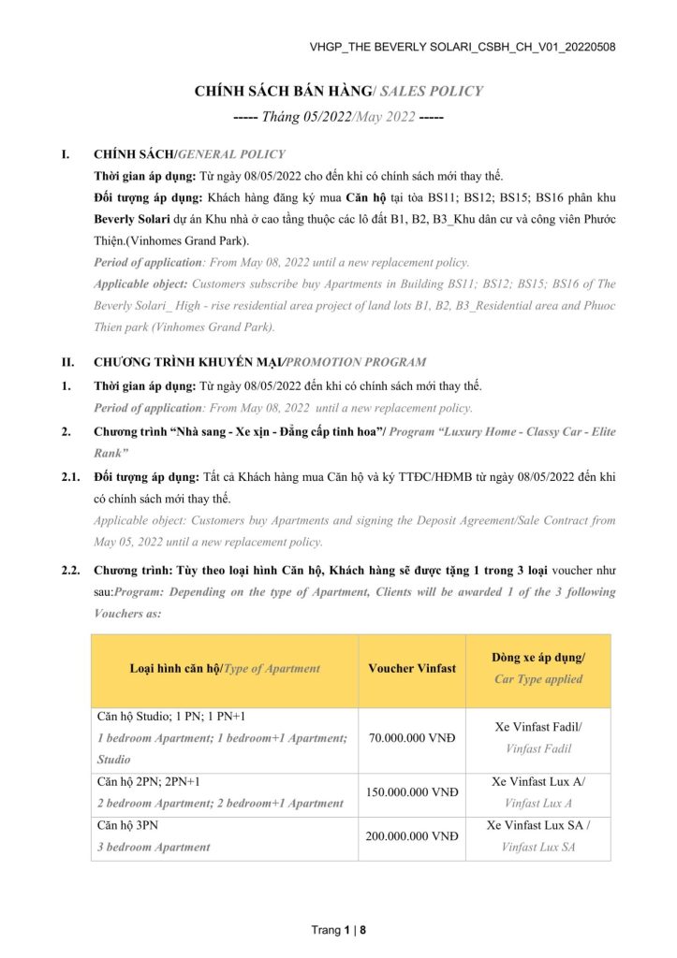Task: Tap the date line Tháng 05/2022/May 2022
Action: [338, 118]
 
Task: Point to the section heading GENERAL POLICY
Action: [232, 153]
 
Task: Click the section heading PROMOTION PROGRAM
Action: [356, 361]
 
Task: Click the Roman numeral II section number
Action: [67, 361]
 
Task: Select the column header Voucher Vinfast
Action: [412, 668]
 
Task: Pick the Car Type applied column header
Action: [538, 678]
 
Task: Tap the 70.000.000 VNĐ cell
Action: [412, 738]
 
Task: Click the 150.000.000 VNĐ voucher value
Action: [412, 791]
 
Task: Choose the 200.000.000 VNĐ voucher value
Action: [412, 836]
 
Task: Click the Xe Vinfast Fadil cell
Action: [538, 726]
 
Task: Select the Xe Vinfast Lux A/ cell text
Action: [538, 781]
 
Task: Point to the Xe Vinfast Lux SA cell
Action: [538, 826]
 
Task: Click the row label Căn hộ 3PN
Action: [130, 826]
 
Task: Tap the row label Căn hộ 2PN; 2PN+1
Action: [149, 781]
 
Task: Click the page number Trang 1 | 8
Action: [338, 930]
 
